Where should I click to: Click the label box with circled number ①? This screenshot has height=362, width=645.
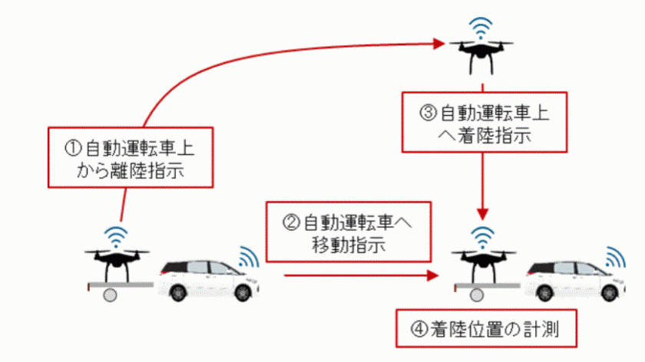click(131, 157)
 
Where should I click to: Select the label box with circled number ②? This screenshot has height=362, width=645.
click(349, 232)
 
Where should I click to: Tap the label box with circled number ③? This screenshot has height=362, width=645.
click(485, 122)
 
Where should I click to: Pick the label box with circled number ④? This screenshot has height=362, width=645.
click(486, 328)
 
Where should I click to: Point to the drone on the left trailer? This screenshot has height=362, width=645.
click(117, 264)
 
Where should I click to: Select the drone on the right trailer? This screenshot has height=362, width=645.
click(483, 264)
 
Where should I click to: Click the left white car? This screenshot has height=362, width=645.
click(209, 280)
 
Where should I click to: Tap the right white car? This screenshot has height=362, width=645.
click(575, 280)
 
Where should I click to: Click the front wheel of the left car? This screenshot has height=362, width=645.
click(243, 292)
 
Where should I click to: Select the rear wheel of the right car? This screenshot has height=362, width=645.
click(544, 292)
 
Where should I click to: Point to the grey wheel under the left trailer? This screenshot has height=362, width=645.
click(110, 295)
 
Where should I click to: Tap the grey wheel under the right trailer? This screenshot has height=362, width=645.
click(476, 295)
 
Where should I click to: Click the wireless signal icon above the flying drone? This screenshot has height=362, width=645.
click(481, 28)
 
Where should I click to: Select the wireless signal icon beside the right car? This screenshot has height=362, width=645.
click(615, 257)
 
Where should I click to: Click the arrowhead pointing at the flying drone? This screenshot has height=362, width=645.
click(439, 44)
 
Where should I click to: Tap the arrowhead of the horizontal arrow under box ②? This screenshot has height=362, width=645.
click(433, 275)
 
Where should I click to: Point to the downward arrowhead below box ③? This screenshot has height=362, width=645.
click(482, 214)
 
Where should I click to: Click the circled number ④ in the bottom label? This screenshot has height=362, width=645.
click(419, 329)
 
